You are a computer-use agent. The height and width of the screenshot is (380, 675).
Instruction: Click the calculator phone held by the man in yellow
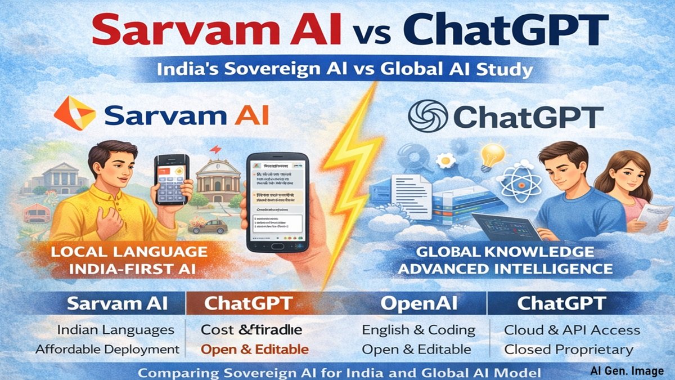(171, 180)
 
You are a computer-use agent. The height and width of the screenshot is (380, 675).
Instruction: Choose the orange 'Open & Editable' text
(255, 349)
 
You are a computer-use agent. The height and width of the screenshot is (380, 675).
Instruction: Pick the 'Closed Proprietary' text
(569, 349)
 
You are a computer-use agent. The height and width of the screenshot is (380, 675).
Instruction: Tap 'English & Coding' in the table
(418, 330)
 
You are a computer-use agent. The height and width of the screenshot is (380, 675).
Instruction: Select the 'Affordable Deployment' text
(107, 349)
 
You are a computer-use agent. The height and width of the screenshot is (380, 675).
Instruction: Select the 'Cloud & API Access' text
(572, 330)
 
